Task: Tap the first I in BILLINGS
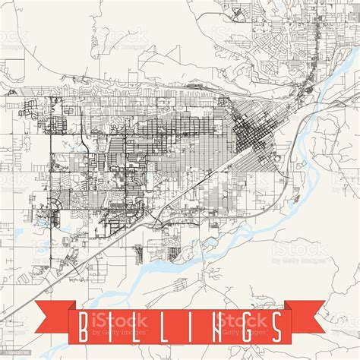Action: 111,326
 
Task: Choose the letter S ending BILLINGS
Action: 276,326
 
